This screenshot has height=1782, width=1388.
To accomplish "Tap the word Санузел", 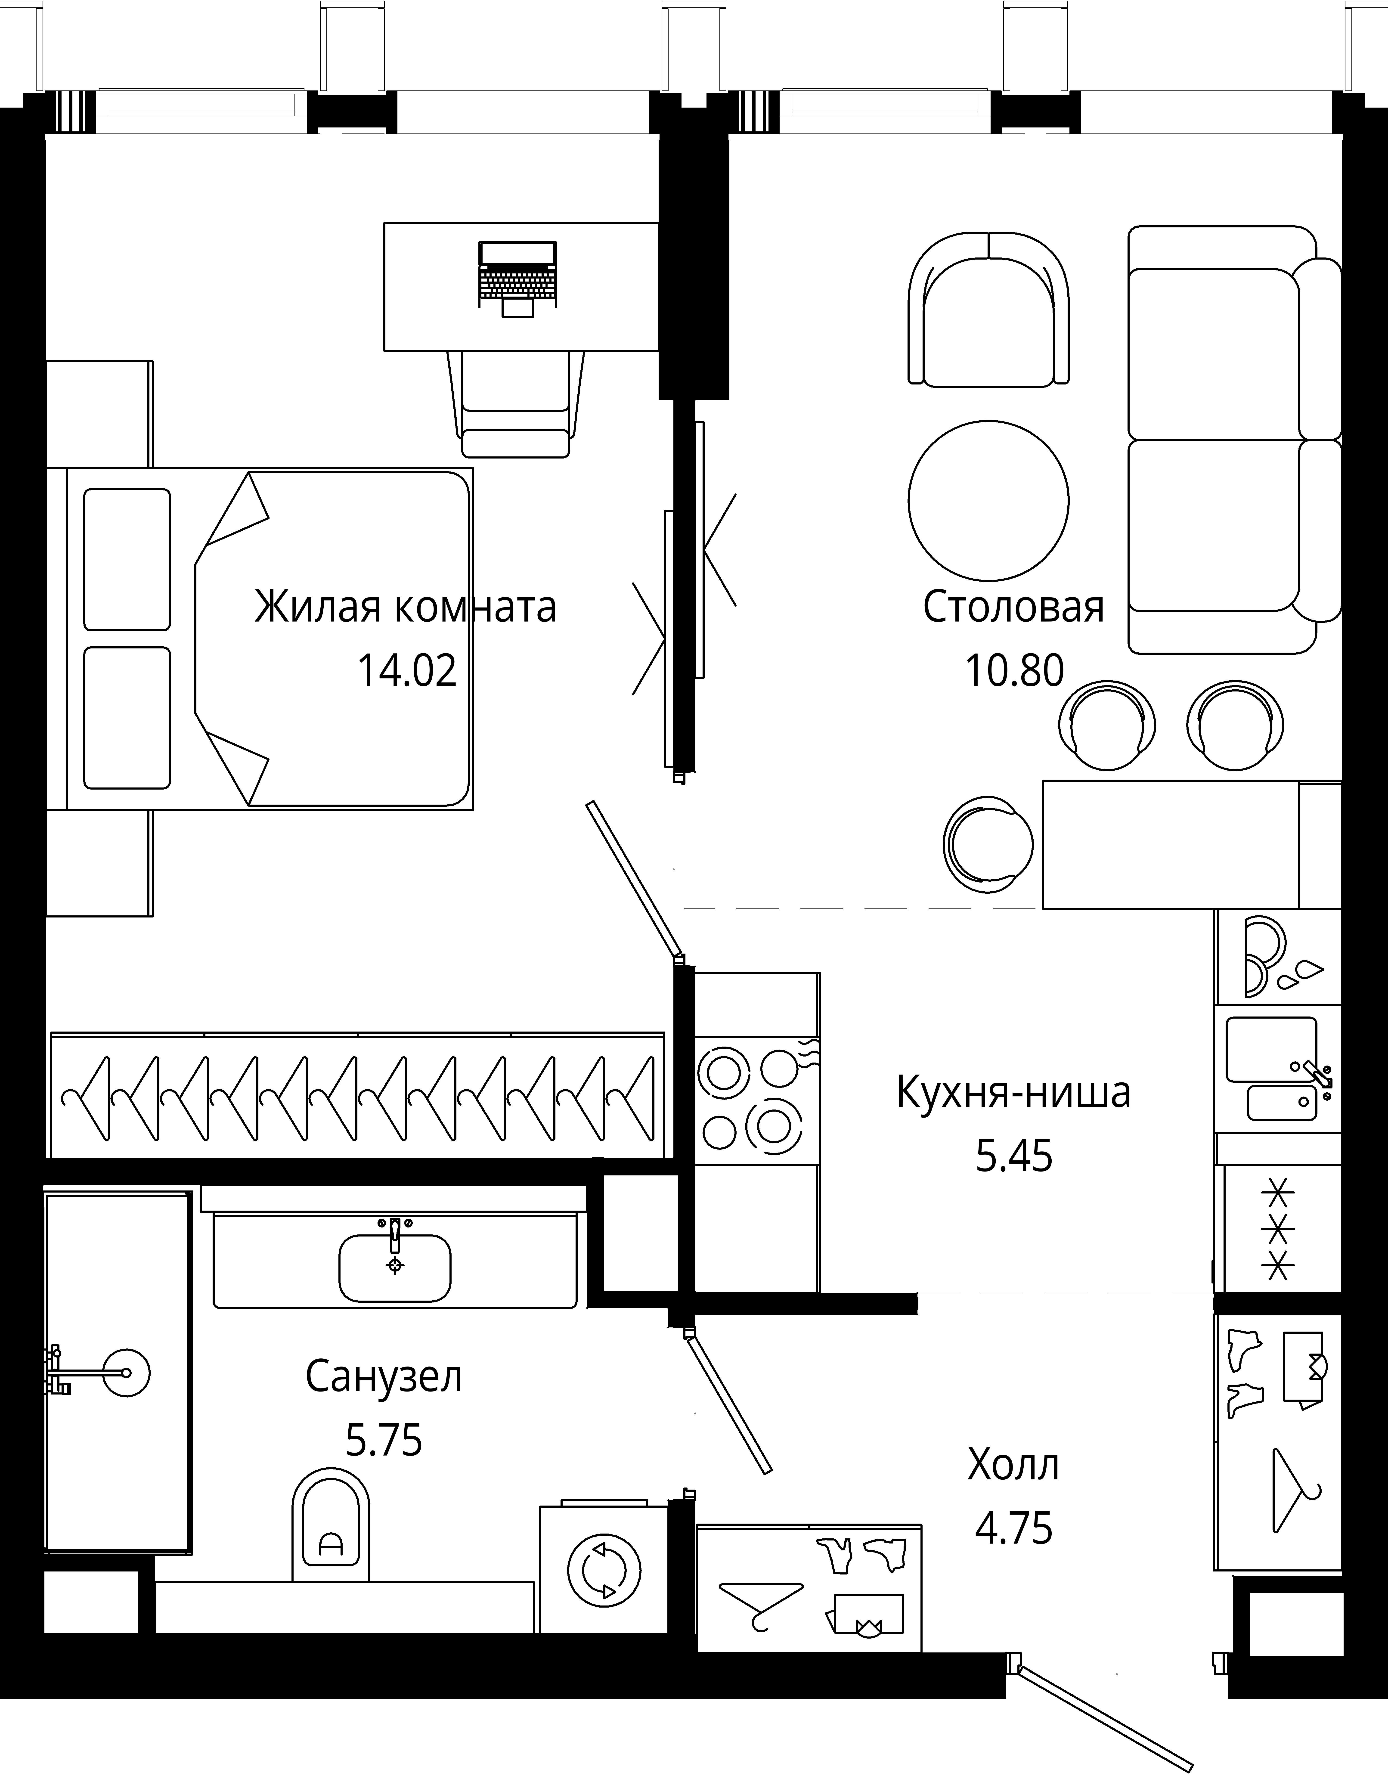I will pos(384,1376).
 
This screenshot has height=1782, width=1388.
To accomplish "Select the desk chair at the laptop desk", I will pos(516,404).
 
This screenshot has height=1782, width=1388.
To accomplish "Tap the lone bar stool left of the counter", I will pos(987,843).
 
